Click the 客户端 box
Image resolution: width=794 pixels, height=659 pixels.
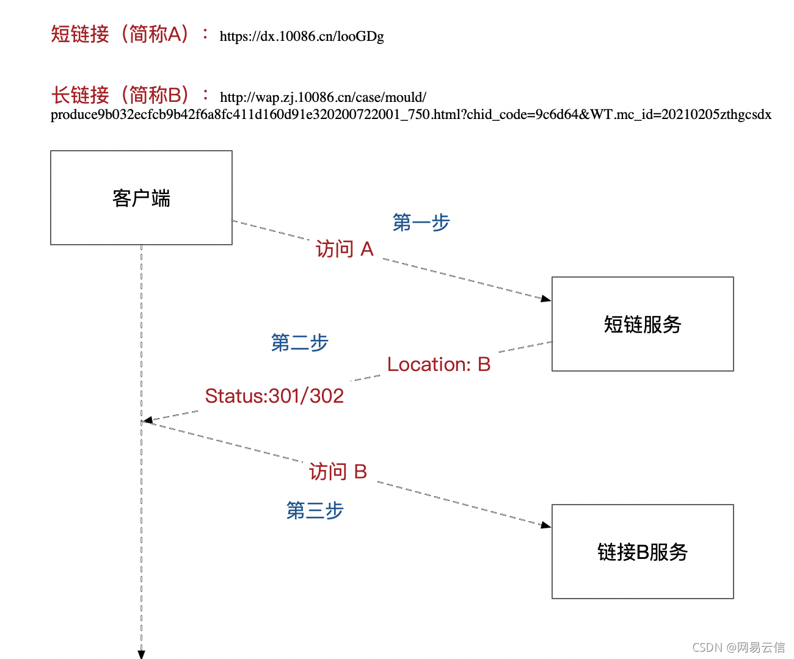coord(141,198)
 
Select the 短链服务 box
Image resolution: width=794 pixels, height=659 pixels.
coord(643,324)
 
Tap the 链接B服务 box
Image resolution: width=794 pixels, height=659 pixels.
coord(643,552)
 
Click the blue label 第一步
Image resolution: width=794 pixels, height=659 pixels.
coord(421,223)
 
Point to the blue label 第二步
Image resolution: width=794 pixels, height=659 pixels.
coord(299,343)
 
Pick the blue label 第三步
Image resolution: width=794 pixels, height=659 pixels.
coord(315,510)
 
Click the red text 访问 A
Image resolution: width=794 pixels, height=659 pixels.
coord(344,249)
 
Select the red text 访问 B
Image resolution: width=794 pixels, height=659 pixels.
coord(338,472)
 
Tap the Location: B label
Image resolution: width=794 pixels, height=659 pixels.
coord(439,364)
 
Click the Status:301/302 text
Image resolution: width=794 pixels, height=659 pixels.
coord(274,396)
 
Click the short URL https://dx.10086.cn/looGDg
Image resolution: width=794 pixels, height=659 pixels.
coord(302,37)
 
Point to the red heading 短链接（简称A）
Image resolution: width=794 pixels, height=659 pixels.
coord(120,34)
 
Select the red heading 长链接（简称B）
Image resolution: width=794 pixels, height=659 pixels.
coord(120,95)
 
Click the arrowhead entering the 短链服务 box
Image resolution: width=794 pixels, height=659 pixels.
coord(547,299)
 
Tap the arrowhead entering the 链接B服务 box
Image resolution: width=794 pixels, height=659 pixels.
coord(547,525)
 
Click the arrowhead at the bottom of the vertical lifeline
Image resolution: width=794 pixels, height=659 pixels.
coord(141,654)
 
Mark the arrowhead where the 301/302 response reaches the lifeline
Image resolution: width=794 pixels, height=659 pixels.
coord(148,420)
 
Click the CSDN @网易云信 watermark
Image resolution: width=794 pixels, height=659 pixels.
coord(738,647)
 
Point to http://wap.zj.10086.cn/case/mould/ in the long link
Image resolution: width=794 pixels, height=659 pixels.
coord(323,98)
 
